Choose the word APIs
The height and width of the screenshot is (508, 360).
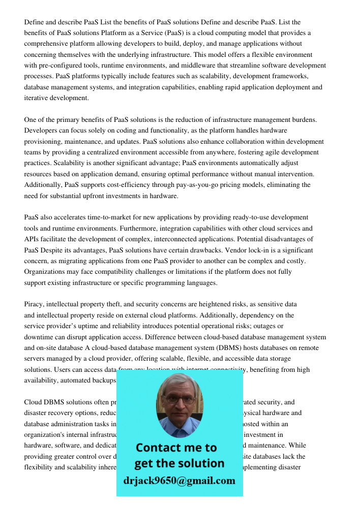(33, 239)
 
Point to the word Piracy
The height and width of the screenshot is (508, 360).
(34, 304)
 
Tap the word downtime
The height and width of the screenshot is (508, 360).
(40, 337)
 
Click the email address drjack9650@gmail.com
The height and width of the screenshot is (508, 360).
(179, 480)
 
